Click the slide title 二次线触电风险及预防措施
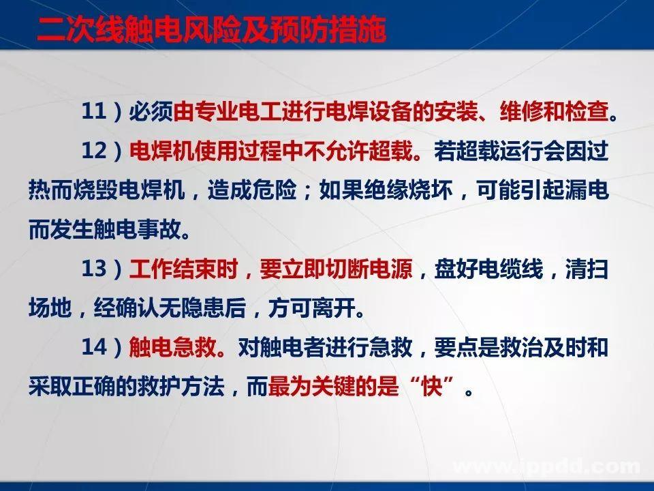212,31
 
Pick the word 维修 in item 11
517,112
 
